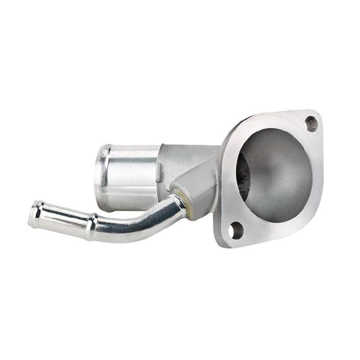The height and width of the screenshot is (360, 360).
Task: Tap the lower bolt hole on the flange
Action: point(235,230)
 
